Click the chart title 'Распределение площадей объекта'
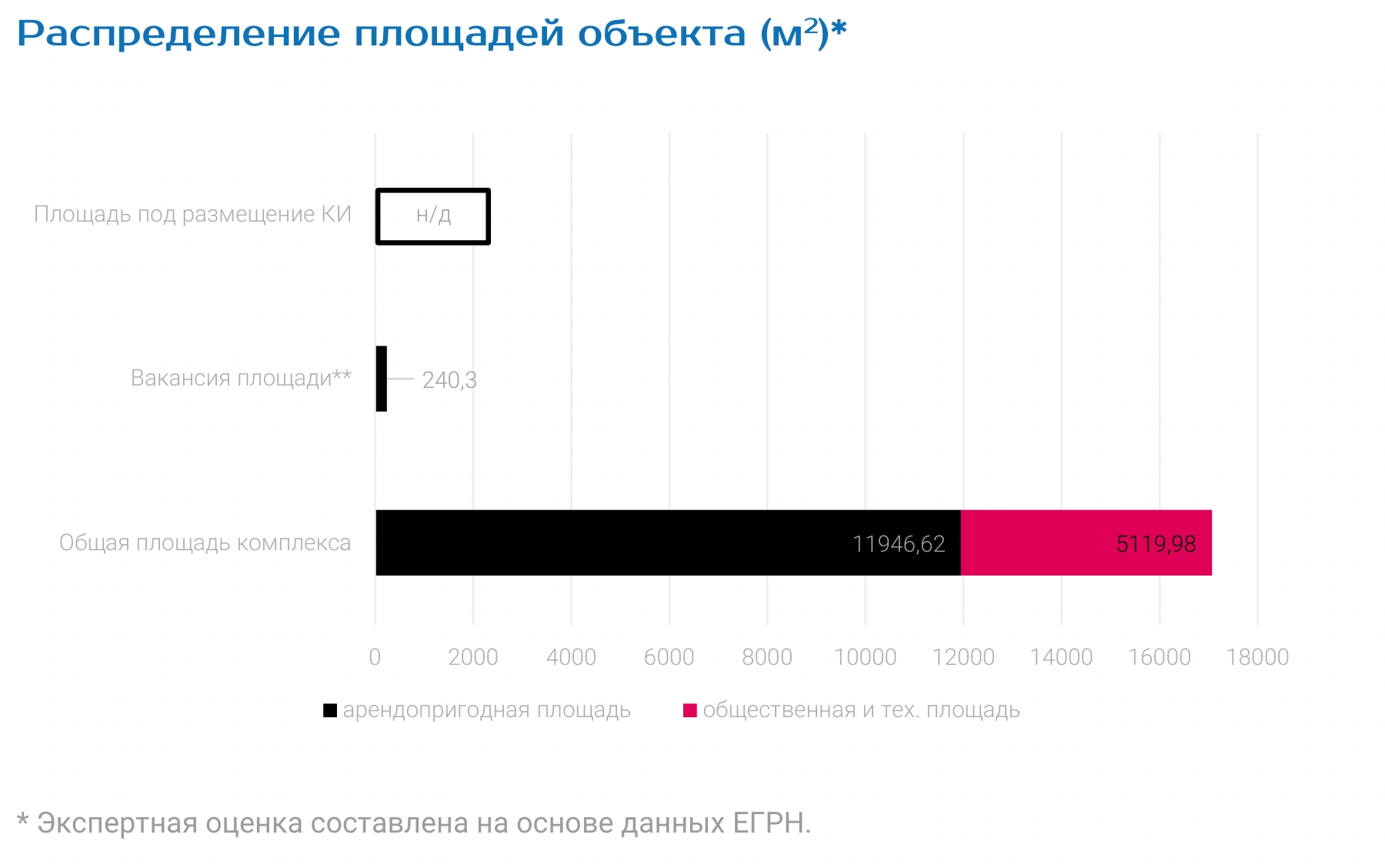(382, 34)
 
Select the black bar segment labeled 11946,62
(668, 542)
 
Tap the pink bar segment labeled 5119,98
(1086, 542)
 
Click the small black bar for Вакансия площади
(382, 379)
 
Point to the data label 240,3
(449, 380)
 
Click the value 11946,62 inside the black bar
(899, 544)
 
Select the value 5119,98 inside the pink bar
(1156, 544)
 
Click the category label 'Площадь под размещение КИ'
(192, 214)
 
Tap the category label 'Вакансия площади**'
(241, 378)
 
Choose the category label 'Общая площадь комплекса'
(205, 542)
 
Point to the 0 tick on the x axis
(375, 657)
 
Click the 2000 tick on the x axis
(473, 657)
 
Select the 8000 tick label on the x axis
(767, 657)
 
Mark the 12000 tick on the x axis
(963, 657)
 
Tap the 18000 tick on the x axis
(1257, 657)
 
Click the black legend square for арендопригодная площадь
(330, 710)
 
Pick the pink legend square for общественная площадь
(690, 710)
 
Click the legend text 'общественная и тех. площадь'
(861, 710)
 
